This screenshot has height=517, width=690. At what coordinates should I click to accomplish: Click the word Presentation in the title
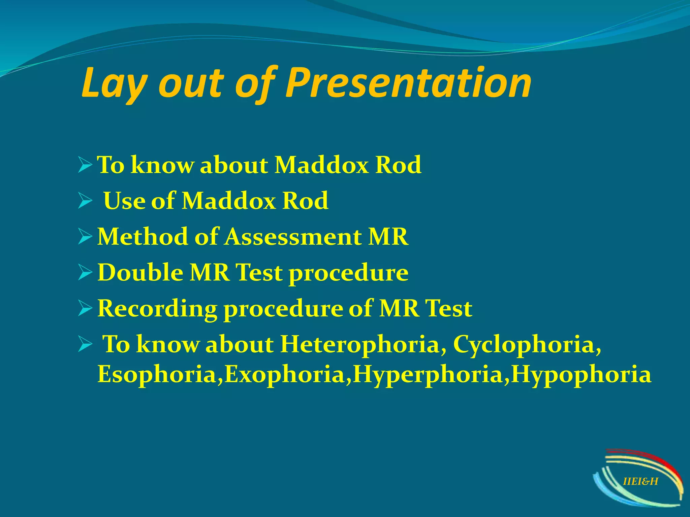[408, 83]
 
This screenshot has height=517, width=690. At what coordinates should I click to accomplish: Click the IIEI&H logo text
[640, 482]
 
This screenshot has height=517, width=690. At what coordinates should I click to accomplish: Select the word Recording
[157, 309]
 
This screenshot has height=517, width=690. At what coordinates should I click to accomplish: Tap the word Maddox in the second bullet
[229, 201]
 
